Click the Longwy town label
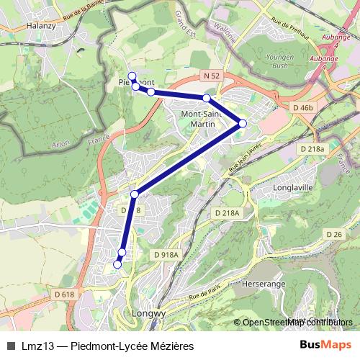point(150,314)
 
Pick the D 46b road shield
point(304,107)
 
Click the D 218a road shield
point(311,148)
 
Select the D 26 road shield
point(333,235)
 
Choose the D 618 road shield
point(63,294)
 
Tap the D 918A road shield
point(166,254)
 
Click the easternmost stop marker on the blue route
point(243,124)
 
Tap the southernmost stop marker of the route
point(117,265)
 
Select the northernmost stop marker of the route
point(131,76)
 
